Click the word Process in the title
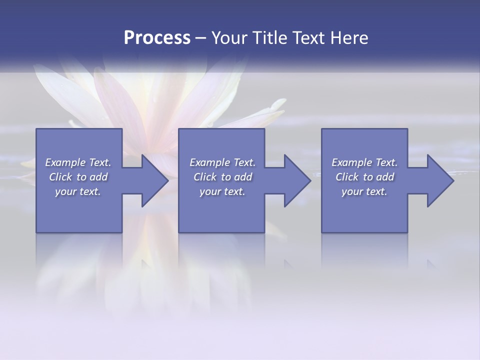pos(157,38)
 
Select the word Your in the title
pos(228,38)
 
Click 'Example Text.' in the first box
pos(78,162)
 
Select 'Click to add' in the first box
pos(78,177)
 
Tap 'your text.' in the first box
pos(78,191)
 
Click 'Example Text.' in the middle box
pos(222,162)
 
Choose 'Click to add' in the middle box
pos(222,177)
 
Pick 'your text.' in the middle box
pos(222,191)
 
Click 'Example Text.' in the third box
pos(364,162)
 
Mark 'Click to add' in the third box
pos(364,177)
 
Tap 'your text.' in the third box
pos(364,191)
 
